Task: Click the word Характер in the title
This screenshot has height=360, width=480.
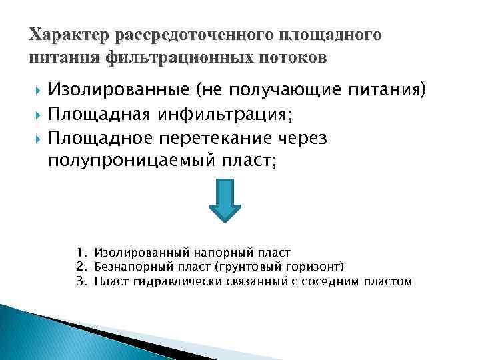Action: (69, 35)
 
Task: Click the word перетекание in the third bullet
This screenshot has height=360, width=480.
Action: (227, 137)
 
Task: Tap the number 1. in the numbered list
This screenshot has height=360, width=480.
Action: (81, 253)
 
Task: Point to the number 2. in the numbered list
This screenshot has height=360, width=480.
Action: (81, 267)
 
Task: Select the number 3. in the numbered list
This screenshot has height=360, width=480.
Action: (81, 281)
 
